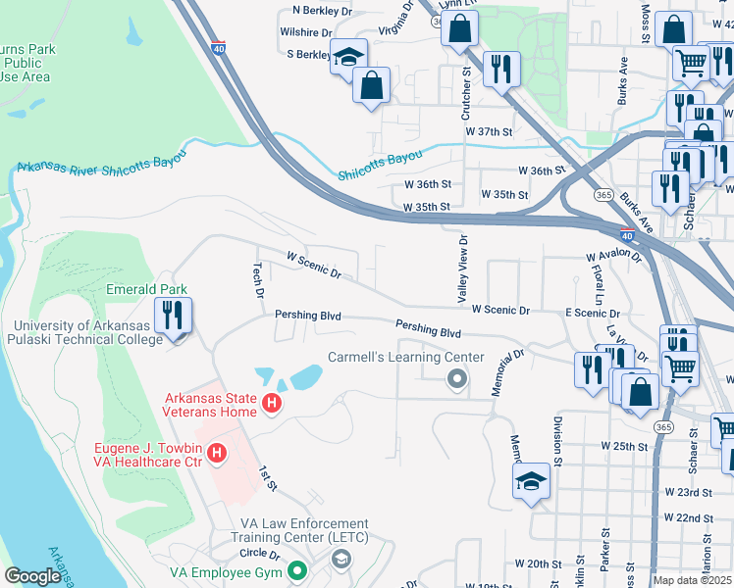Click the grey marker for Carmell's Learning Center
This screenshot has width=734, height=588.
click(x=455, y=378)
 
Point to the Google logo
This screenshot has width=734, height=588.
click(x=32, y=577)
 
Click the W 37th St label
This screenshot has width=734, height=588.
click(x=490, y=131)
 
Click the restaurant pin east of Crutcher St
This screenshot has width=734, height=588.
click(x=501, y=68)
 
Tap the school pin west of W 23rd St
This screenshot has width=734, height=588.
click(x=531, y=480)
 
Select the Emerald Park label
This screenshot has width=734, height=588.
click(x=146, y=290)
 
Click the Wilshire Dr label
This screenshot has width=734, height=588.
click(x=304, y=31)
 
